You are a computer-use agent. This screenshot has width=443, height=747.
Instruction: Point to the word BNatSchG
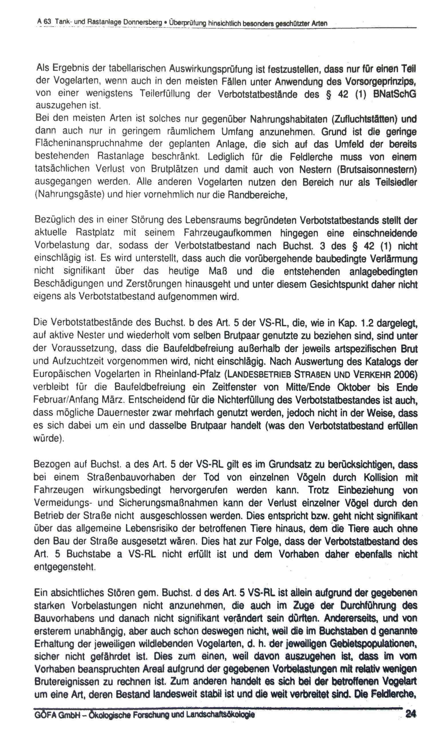394,94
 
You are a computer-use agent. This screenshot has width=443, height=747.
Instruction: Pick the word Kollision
382,477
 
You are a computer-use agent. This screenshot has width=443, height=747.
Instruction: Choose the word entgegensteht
65,567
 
